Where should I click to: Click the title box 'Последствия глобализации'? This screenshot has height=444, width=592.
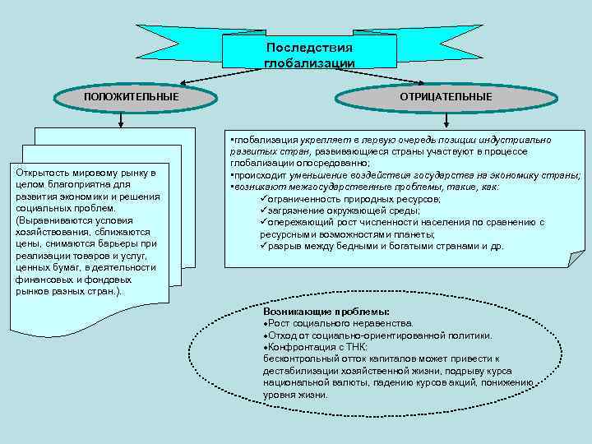click(x=309, y=54)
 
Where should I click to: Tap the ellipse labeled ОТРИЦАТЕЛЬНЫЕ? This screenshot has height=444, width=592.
click(x=446, y=97)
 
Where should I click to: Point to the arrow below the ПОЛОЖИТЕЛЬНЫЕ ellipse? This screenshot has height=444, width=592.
click(x=121, y=120)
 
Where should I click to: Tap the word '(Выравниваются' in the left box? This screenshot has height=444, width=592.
click(x=50, y=220)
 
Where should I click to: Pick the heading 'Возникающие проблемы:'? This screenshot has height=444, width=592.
click(x=326, y=313)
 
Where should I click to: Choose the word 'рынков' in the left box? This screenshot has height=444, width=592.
click(x=32, y=291)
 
